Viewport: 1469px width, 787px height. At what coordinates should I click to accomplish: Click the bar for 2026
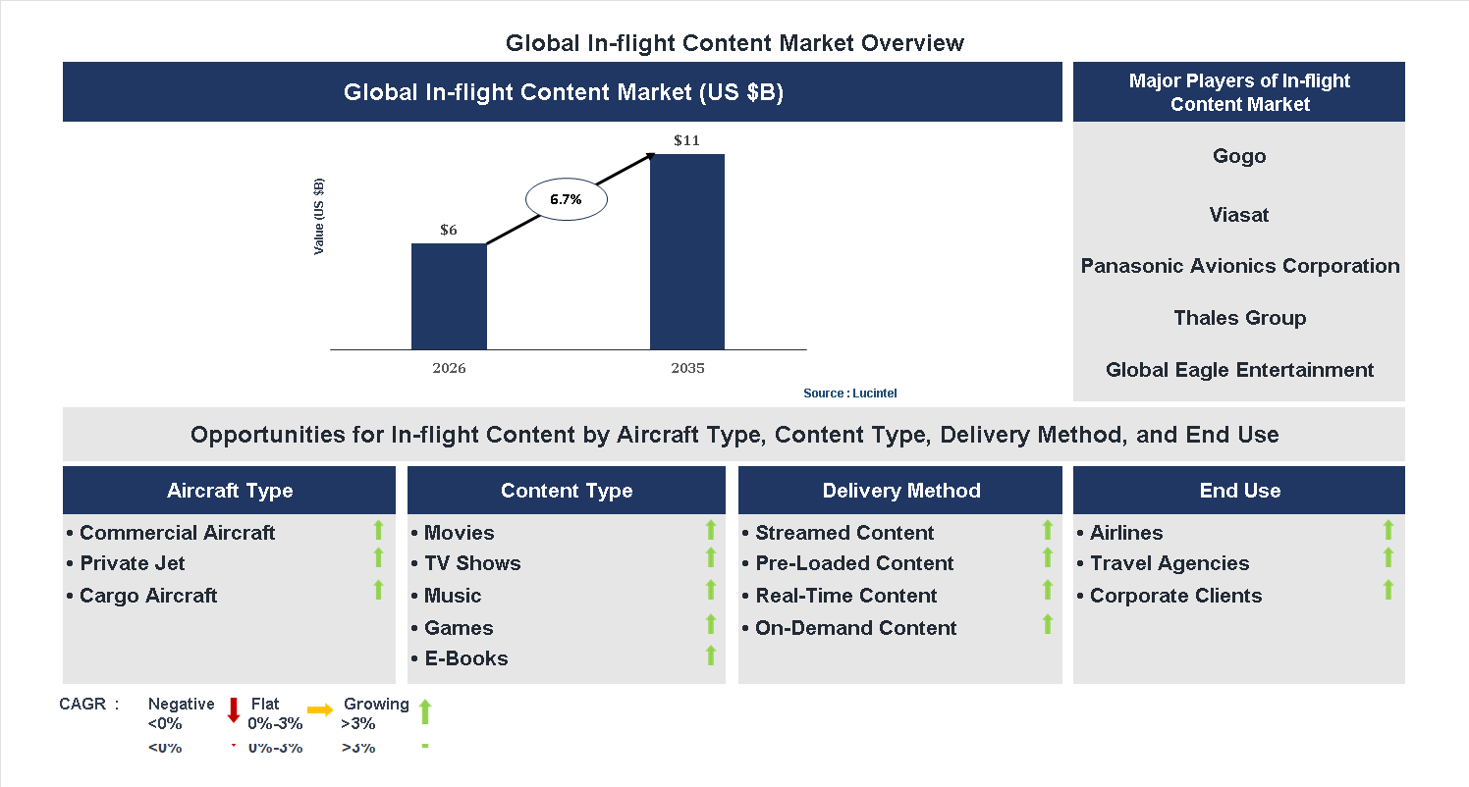(x=449, y=296)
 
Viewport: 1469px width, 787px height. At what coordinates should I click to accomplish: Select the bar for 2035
(x=687, y=251)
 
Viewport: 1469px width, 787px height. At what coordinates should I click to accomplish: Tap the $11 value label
(x=687, y=140)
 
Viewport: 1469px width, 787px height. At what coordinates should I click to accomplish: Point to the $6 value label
(x=449, y=230)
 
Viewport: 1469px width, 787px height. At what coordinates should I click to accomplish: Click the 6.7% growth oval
(x=566, y=199)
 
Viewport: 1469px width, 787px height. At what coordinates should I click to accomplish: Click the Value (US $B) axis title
(x=319, y=217)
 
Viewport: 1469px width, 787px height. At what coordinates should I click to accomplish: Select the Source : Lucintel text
(x=849, y=393)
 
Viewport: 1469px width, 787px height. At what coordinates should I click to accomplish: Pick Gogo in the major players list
(x=1239, y=156)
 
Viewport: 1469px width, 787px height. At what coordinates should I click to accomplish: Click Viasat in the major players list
(x=1239, y=215)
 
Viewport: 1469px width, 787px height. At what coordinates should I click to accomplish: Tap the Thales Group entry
(x=1239, y=318)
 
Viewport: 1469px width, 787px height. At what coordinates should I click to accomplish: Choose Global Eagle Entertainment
(x=1239, y=370)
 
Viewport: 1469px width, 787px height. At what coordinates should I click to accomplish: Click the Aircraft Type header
(x=230, y=491)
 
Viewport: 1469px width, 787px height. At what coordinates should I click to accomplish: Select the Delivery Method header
(x=900, y=491)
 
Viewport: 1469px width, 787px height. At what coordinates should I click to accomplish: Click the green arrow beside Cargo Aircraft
(x=378, y=590)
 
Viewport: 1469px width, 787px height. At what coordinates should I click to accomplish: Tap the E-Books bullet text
(x=465, y=658)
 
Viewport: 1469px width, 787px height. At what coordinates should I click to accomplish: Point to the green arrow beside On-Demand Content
(x=1047, y=623)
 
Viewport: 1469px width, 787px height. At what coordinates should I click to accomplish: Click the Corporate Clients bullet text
(x=1175, y=596)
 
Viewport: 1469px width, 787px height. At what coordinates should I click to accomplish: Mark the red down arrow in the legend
(x=234, y=709)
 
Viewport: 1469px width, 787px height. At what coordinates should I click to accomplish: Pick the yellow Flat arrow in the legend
(x=320, y=708)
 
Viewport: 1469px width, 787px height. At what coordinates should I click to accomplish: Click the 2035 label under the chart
(x=687, y=369)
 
